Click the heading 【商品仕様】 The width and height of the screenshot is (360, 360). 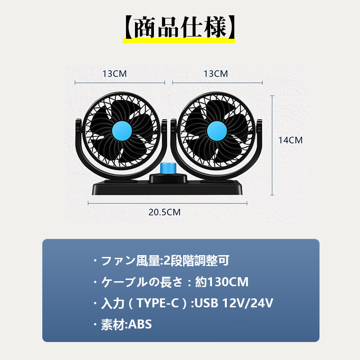coord(179,27)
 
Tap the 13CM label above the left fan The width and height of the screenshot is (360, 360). coord(115,74)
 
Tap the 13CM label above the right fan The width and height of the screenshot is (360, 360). coord(216,74)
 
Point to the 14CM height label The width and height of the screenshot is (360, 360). coord(290,140)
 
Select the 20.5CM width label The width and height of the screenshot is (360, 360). coord(164,212)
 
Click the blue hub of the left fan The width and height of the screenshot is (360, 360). coord(122,131)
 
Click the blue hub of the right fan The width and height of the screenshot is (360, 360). coord(217,131)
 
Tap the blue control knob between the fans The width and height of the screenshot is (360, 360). coord(167,169)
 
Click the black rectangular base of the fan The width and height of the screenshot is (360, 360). coord(167,188)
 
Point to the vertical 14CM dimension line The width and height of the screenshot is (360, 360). coord(272,145)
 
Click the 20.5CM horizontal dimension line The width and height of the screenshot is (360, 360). coord(167,203)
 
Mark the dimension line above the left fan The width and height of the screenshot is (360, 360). coord(120,83)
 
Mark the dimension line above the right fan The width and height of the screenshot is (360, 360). coord(217,83)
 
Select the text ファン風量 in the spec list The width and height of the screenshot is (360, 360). coord(130,261)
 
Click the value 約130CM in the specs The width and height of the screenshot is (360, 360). coord(222,282)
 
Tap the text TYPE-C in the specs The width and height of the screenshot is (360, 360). coord(157,303)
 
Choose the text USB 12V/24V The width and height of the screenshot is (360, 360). coord(234,303)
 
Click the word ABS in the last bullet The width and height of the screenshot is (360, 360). coord(140,324)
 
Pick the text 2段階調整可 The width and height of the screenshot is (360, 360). coord(196,261)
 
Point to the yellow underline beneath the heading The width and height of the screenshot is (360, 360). coord(179,40)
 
